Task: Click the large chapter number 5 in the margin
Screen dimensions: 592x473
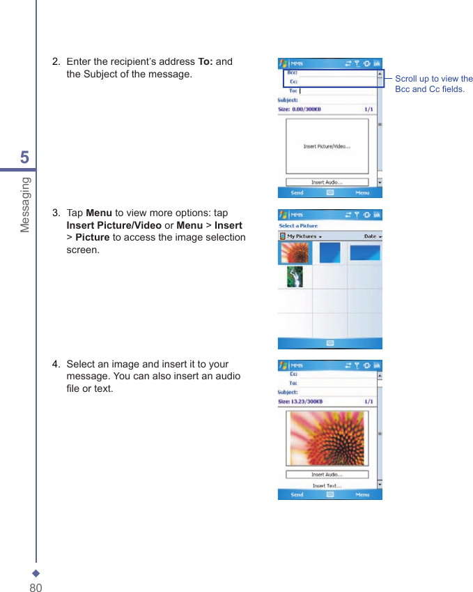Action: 24,158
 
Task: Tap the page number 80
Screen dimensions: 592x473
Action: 36,587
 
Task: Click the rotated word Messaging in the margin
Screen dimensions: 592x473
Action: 25,204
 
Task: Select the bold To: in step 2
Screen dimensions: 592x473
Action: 206,61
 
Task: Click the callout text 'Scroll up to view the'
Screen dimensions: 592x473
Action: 433,79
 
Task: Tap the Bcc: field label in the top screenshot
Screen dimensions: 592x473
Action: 293,72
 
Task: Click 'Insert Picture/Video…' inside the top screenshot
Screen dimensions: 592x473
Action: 327,146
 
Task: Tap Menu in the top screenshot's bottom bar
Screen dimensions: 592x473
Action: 362,192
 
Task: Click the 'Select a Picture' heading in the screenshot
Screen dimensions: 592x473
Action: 298,226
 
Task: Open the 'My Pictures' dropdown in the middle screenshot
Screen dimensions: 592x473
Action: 304,236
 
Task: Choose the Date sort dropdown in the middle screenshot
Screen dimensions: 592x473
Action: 373,236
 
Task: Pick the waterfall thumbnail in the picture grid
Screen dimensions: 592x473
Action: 295,277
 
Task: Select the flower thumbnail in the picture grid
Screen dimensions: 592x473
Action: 295,252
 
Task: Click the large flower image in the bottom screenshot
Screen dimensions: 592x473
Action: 326,438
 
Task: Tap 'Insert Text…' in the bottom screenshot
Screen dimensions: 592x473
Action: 326,486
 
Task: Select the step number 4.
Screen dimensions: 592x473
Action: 56,364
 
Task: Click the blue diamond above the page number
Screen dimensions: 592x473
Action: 36,574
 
